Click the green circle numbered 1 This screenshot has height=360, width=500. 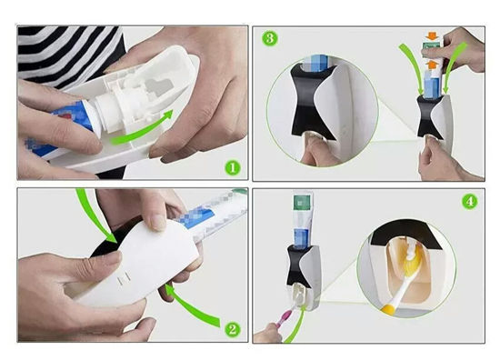pyautogui.click(x=232, y=167)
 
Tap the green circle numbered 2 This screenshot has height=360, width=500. pyautogui.click(x=232, y=329)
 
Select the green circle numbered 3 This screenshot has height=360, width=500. pyautogui.click(x=269, y=39)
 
